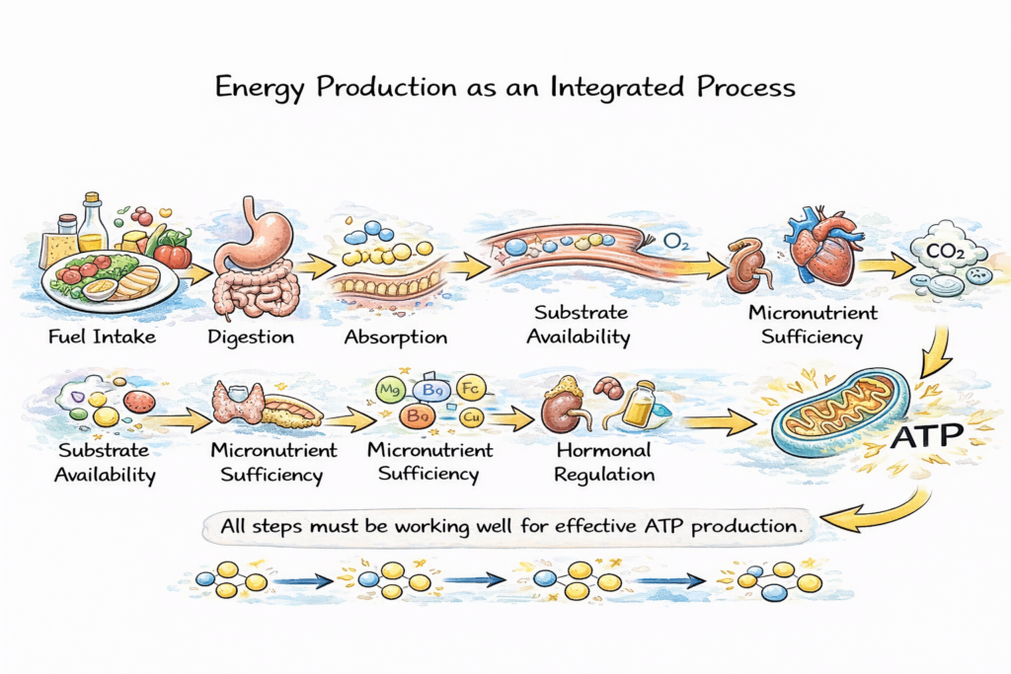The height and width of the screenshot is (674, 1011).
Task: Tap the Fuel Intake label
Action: pyautogui.click(x=102, y=337)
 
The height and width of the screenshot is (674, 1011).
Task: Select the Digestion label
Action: pyautogui.click(x=251, y=337)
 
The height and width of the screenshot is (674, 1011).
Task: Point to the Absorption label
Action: pyautogui.click(x=396, y=337)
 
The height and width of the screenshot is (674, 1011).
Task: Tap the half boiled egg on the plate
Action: pyautogui.click(x=102, y=289)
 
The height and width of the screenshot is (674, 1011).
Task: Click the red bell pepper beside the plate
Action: pyautogui.click(x=173, y=255)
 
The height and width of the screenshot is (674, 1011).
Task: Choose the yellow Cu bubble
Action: pyautogui.click(x=470, y=416)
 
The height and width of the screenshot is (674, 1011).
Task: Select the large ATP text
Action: pyautogui.click(x=924, y=436)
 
